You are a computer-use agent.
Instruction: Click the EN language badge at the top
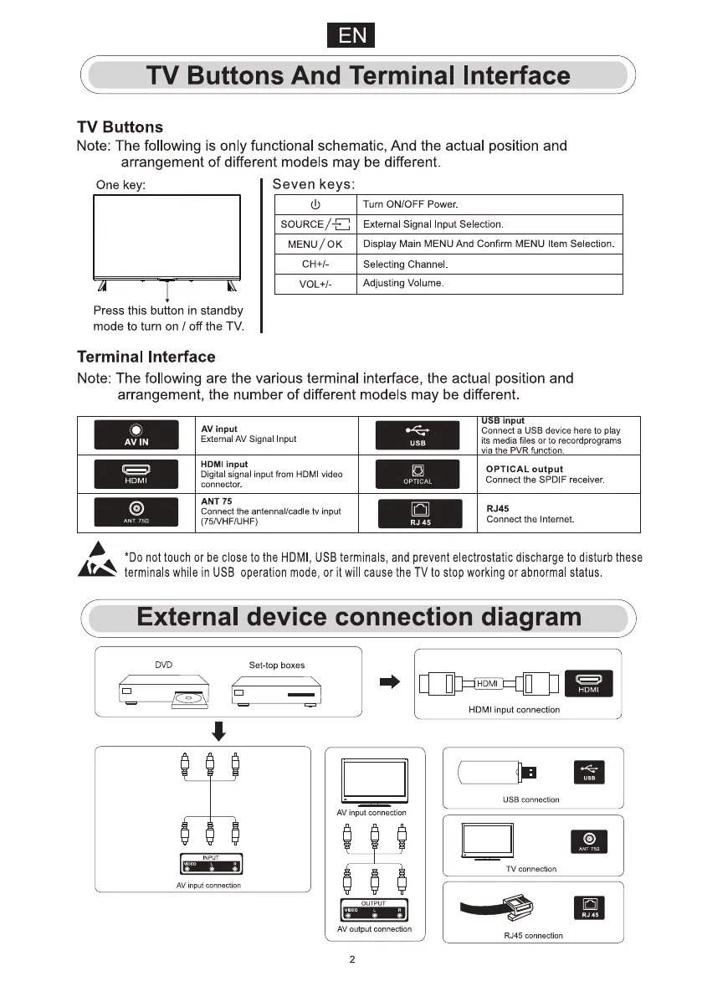(351, 36)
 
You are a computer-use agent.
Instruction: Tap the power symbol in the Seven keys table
(315, 205)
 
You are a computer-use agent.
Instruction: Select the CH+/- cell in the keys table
(315, 265)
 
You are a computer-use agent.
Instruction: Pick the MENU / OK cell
(315, 244)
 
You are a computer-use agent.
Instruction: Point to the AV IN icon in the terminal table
(136, 436)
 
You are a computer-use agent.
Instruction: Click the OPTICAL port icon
(418, 475)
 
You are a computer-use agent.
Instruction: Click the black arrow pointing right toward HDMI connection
(391, 683)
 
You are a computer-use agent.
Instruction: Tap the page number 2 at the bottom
(351, 959)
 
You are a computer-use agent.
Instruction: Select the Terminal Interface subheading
(146, 357)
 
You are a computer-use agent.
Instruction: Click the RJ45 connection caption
(533, 935)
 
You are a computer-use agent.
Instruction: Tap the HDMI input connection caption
(514, 710)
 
